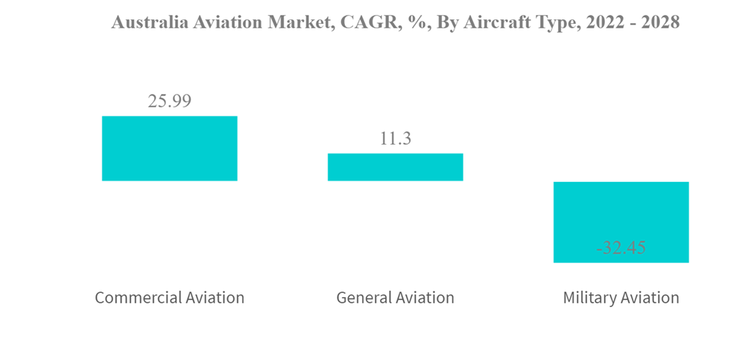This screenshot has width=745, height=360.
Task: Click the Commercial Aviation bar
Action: pyautogui.click(x=169, y=148)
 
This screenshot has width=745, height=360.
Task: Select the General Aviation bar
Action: pyautogui.click(x=395, y=167)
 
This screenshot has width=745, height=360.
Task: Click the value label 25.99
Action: pyautogui.click(x=169, y=101)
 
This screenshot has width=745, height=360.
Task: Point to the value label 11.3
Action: pyautogui.click(x=395, y=139)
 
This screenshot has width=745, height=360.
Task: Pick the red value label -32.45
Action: pyautogui.click(x=621, y=248)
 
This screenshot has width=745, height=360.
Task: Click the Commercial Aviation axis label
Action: pyautogui.click(x=169, y=297)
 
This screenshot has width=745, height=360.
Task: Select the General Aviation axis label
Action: pyautogui.click(x=395, y=297)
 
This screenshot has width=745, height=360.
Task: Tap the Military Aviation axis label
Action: pyautogui.click(x=621, y=297)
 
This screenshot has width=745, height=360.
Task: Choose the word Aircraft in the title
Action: pyautogui.click(x=492, y=22)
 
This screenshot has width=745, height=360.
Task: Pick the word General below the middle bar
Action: pyautogui.click(x=362, y=297)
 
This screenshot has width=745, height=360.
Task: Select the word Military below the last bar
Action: pyautogui.click(x=589, y=297)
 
